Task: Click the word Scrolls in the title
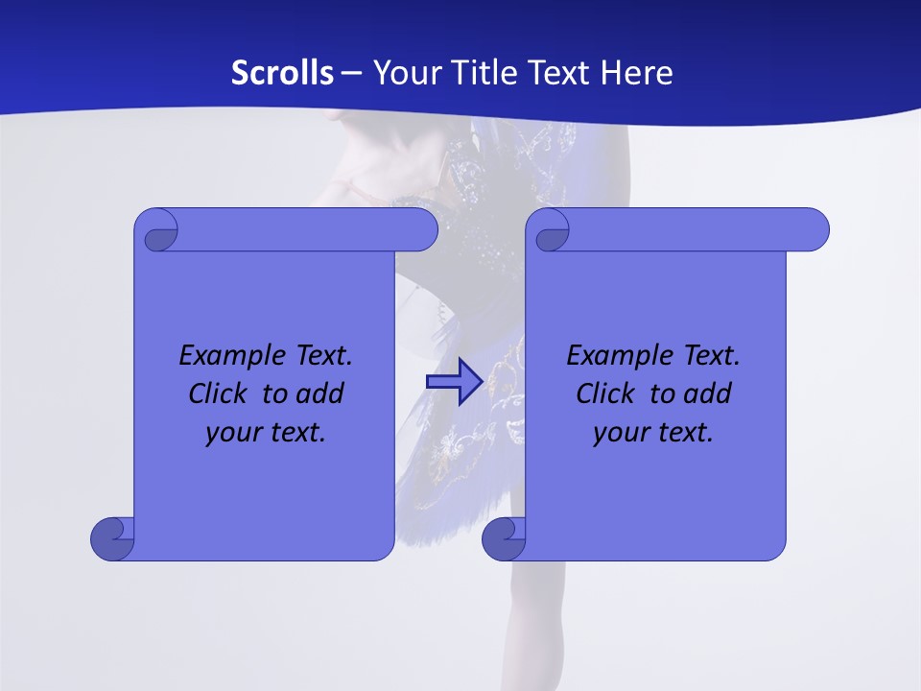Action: click(x=282, y=72)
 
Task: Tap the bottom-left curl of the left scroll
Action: click(x=111, y=539)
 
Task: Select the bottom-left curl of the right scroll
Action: click(x=503, y=539)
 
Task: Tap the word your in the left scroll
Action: click(x=230, y=433)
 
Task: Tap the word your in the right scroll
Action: click(x=618, y=433)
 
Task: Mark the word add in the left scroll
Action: click(x=320, y=393)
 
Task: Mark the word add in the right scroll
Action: click(x=708, y=393)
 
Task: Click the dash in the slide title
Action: click(x=352, y=72)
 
